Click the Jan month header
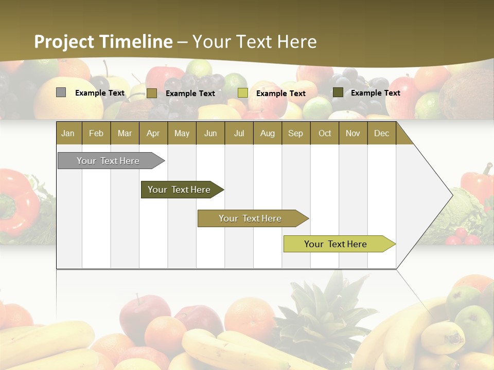pos(68,133)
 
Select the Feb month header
pos(96,133)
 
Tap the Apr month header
pos(153,133)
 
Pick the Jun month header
pos(210,133)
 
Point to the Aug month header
pos(268,133)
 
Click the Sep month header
pos(295,133)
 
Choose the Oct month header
pos(325,133)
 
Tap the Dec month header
pos(381,133)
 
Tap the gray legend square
pos(61,92)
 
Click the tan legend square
pos(151,93)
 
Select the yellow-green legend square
pos(243,93)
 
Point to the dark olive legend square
pos(338,92)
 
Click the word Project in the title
pos(64,42)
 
